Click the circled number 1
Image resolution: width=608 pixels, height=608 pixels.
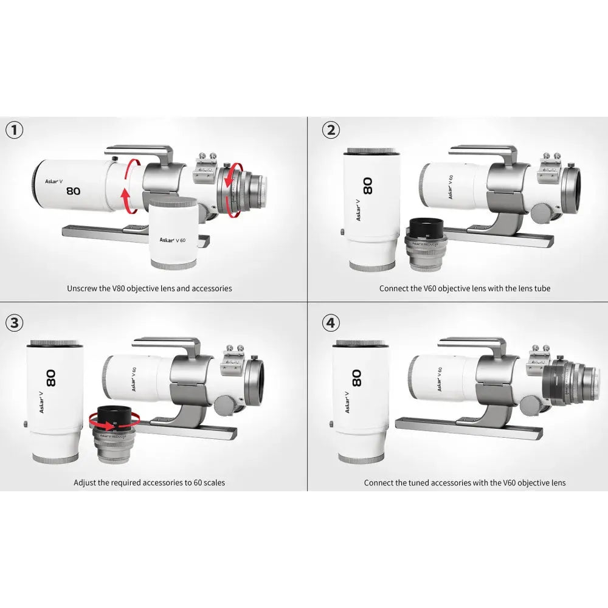[x=15, y=130]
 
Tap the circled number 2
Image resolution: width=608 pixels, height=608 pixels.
[x=330, y=130]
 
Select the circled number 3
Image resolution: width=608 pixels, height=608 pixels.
[x=15, y=322]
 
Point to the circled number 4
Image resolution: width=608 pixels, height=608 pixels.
[x=330, y=322]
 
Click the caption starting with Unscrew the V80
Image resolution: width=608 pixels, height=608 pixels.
[x=149, y=288]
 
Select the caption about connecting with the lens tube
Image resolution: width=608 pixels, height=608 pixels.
[x=465, y=288]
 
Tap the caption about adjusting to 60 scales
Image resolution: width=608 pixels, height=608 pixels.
[x=149, y=483]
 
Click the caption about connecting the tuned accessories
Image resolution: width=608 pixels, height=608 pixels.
[x=465, y=483]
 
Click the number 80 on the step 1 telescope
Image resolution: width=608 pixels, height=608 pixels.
[x=73, y=190]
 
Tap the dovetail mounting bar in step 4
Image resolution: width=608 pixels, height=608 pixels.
[x=468, y=426]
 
